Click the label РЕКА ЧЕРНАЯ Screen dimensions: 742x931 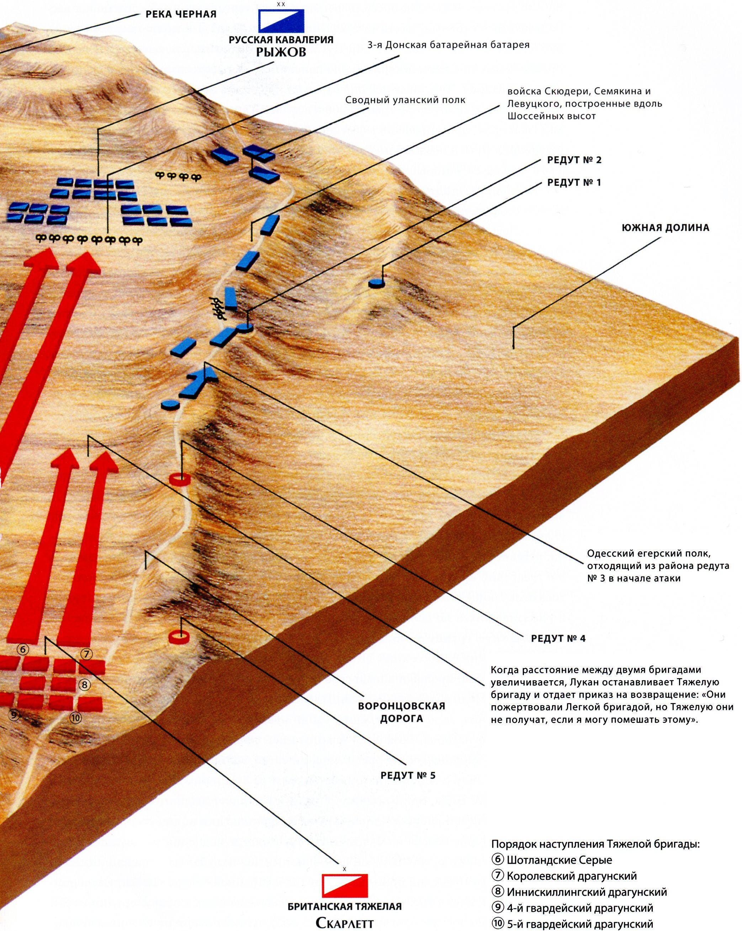[x=181, y=14]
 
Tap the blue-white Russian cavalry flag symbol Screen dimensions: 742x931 [x=281, y=21]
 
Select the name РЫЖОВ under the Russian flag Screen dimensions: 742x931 [x=281, y=52]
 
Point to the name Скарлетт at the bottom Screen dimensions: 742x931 [x=344, y=923]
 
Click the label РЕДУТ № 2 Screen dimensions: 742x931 [x=574, y=160]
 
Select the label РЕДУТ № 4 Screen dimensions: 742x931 [x=558, y=639]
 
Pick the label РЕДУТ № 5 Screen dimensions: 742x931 [x=408, y=776]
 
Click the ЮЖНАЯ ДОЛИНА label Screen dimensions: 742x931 [x=666, y=228]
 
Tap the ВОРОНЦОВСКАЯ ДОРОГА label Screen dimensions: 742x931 [x=401, y=713]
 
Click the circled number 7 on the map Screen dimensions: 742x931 [x=87, y=655]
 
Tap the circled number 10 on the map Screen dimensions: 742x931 [x=75, y=718]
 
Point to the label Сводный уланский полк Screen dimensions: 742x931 [x=405, y=100]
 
